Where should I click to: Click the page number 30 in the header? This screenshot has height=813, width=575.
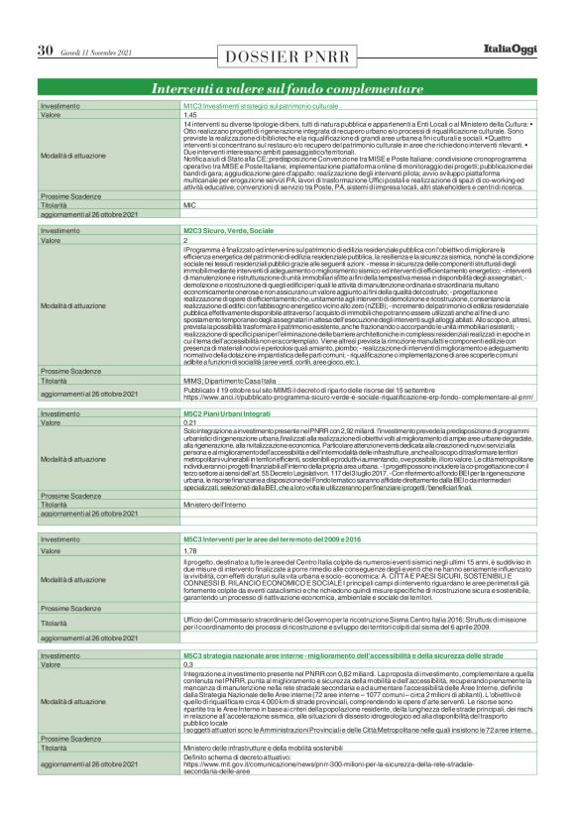click(x=45, y=51)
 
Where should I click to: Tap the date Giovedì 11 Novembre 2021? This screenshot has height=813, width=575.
click(x=95, y=52)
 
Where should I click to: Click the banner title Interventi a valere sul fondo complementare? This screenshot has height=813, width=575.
click(x=287, y=89)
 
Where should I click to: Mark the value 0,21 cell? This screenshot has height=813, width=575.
click(x=189, y=422)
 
